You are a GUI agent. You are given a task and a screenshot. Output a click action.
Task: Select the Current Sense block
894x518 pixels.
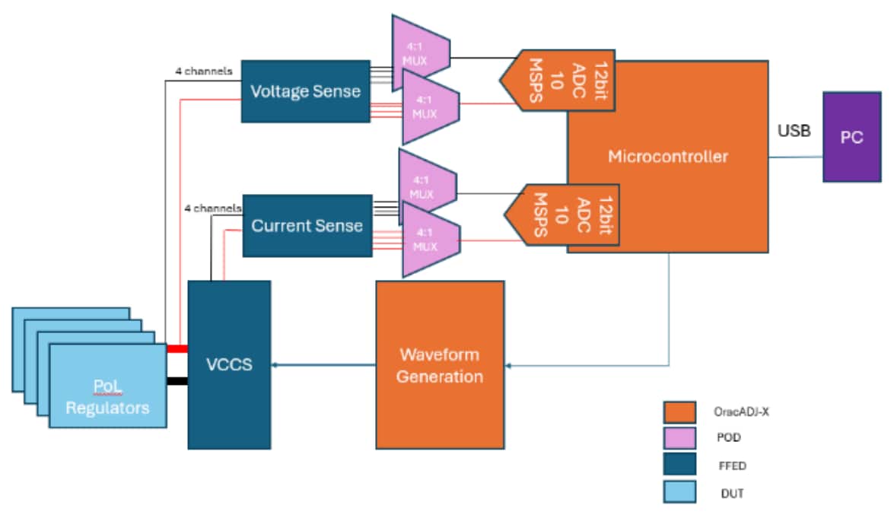[307, 226]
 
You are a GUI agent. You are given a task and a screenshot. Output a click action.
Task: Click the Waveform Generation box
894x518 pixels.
[440, 365]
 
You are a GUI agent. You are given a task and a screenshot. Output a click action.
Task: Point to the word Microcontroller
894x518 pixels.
[667, 157]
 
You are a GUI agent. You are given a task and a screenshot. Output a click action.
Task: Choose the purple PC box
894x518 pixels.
[851, 138]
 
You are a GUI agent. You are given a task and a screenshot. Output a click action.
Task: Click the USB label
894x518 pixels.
[794, 132]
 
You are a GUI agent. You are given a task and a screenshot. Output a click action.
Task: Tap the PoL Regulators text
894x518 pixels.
[107, 397]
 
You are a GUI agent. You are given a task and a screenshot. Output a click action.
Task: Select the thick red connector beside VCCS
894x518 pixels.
[177, 348]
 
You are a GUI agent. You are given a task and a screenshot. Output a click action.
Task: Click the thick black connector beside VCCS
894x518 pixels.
[177, 381]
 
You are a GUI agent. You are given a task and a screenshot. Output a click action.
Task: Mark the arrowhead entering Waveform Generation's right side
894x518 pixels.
[508, 366]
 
